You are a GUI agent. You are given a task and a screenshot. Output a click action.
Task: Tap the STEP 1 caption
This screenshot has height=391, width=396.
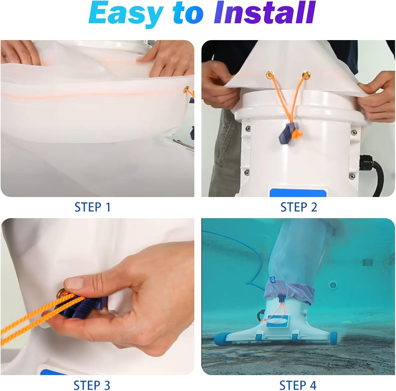92,207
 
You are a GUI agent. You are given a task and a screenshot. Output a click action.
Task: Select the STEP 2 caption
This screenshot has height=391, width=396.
299,207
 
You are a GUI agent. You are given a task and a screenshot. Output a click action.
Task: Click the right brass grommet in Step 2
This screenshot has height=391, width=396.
306,75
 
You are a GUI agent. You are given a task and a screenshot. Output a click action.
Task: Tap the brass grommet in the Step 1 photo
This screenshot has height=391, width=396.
187,88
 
